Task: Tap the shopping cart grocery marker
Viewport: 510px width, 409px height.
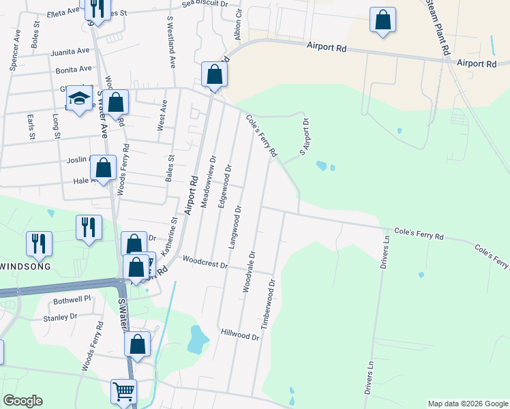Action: (x=123, y=391)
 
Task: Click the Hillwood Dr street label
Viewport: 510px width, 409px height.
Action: (x=240, y=334)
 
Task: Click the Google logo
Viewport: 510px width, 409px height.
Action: (x=22, y=401)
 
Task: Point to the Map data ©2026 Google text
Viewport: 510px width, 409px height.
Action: (x=467, y=404)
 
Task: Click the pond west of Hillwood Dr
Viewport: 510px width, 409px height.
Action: (x=198, y=339)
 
